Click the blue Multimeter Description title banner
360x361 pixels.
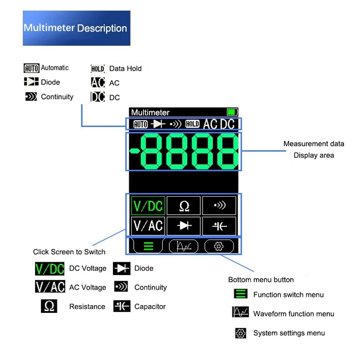pyautogui.click(x=76, y=28)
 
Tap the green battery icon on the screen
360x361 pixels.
pyautogui.click(x=232, y=112)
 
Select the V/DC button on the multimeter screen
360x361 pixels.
pyautogui.click(x=148, y=206)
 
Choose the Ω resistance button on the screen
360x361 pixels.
pyautogui.click(x=184, y=206)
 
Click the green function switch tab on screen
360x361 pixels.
pyautogui.click(x=148, y=246)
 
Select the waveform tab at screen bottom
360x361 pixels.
pyautogui.click(x=184, y=246)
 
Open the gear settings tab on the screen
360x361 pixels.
pyautogui.click(x=219, y=246)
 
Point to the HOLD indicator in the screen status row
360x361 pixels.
pyautogui.click(x=192, y=124)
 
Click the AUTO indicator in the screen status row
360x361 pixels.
pyautogui.click(x=140, y=124)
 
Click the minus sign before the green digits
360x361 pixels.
pyautogui.click(x=134, y=151)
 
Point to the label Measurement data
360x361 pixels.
pyautogui.click(x=314, y=144)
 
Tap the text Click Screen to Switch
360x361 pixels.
pyautogui.click(x=69, y=252)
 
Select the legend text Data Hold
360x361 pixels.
pyautogui.click(x=125, y=68)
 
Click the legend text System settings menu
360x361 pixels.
pyautogui.click(x=289, y=333)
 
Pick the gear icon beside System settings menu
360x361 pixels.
pyautogui.click(x=241, y=333)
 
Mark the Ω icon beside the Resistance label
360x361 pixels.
pyautogui.click(x=49, y=307)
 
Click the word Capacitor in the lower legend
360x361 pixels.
pyautogui.click(x=150, y=307)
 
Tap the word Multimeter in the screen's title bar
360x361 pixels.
pyautogui.click(x=150, y=113)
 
